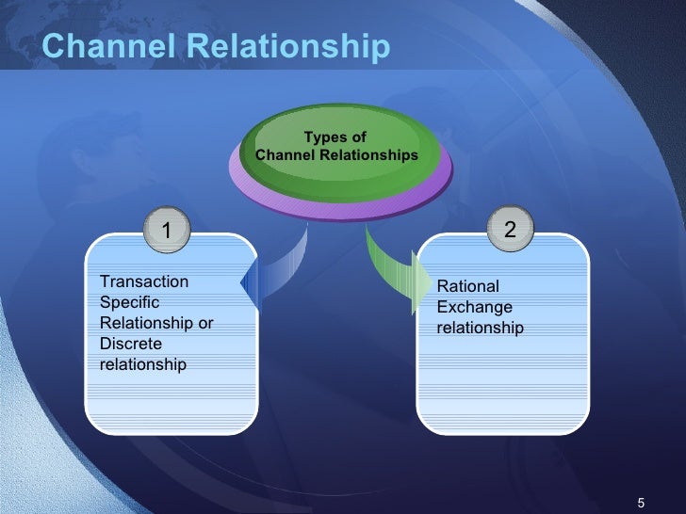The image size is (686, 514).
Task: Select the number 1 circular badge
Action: point(167,229)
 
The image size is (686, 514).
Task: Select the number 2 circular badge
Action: point(510,229)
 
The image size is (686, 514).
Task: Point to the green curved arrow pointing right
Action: point(391,272)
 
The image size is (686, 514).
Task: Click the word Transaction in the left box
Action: point(144,281)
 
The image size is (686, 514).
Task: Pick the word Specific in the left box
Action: point(129,302)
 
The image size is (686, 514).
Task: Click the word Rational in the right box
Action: point(468,286)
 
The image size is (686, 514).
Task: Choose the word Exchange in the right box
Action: point(475,307)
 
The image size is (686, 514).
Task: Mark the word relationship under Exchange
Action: point(480,328)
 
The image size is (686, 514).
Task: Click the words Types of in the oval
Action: point(335,137)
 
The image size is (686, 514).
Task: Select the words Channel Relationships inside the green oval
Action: point(336,154)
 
